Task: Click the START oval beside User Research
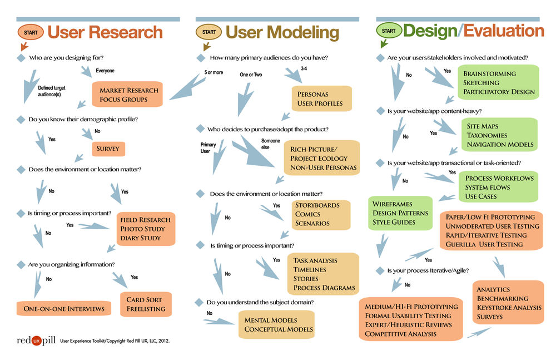click(x=30, y=32)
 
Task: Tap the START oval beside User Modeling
click(x=209, y=32)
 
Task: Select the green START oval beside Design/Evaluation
click(x=389, y=31)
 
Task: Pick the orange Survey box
click(x=109, y=149)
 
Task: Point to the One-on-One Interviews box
click(x=63, y=308)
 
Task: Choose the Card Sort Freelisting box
click(x=145, y=304)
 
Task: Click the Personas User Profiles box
click(x=320, y=99)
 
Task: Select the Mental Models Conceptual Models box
click(x=278, y=324)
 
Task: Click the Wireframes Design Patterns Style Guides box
click(x=400, y=213)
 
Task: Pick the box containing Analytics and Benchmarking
click(x=508, y=303)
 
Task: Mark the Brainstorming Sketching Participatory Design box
click(x=498, y=82)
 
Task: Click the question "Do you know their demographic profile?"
click(x=83, y=119)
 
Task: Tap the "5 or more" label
click(x=214, y=72)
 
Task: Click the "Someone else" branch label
click(x=271, y=144)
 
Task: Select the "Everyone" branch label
click(x=105, y=71)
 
